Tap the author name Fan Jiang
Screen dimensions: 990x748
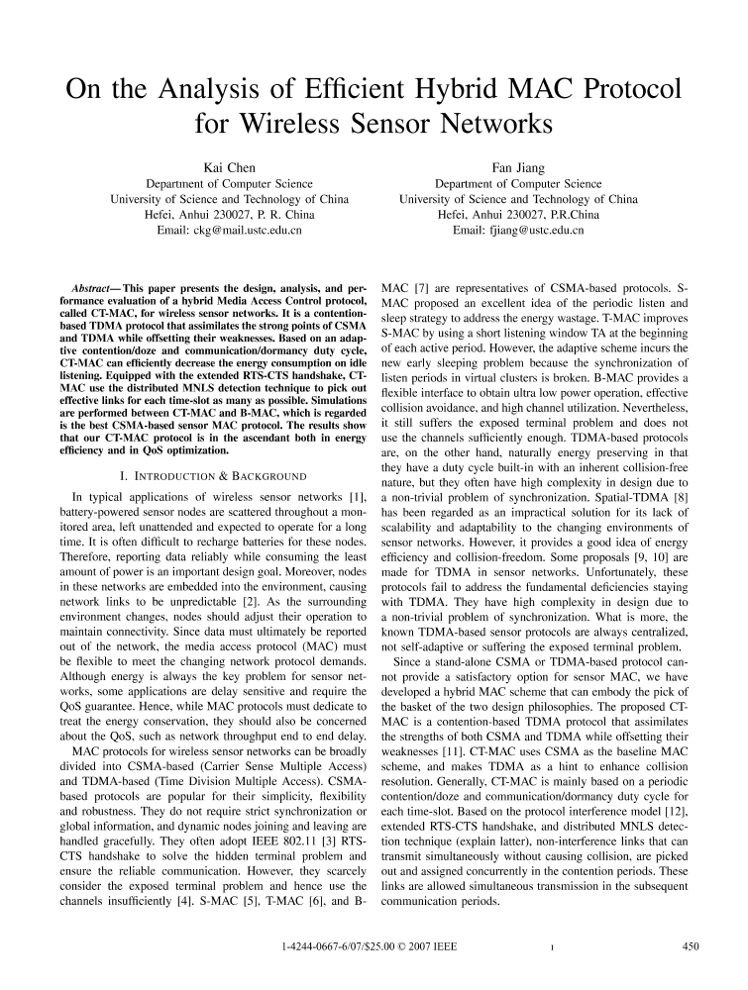[x=518, y=167]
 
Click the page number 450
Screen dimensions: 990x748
[x=692, y=946]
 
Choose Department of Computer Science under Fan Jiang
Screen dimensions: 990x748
[x=518, y=183]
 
